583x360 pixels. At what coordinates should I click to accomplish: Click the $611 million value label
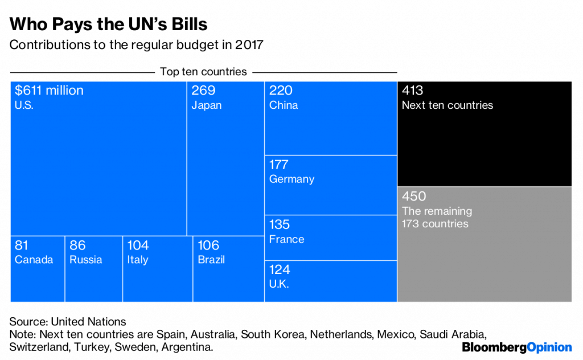tap(49, 91)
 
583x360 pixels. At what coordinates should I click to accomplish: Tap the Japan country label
tap(207, 105)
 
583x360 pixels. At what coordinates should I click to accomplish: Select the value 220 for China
tap(281, 91)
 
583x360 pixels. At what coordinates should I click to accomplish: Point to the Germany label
tap(291, 179)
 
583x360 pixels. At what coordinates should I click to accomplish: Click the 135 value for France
tap(279, 224)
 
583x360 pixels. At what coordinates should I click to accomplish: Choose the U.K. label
tap(279, 284)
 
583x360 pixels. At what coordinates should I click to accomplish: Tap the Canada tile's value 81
tap(22, 246)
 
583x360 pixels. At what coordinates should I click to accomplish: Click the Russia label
tap(86, 260)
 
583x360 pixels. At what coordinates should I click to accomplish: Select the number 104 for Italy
tap(138, 246)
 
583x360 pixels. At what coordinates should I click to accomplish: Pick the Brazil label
tap(211, 260)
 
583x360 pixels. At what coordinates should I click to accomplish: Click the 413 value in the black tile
tap(413, 91)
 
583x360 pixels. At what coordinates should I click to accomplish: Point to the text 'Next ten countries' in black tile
tap(447, 105)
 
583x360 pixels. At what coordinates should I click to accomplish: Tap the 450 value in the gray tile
tap(414, 197)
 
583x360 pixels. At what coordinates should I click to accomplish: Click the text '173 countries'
tap(435, 224)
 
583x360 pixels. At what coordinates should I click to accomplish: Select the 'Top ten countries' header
tap(203, 72)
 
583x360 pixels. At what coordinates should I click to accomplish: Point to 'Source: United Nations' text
tap(68, 322)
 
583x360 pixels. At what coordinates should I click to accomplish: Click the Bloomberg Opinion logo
tap(516, 347)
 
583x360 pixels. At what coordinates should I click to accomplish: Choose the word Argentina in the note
tap(188, 347)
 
